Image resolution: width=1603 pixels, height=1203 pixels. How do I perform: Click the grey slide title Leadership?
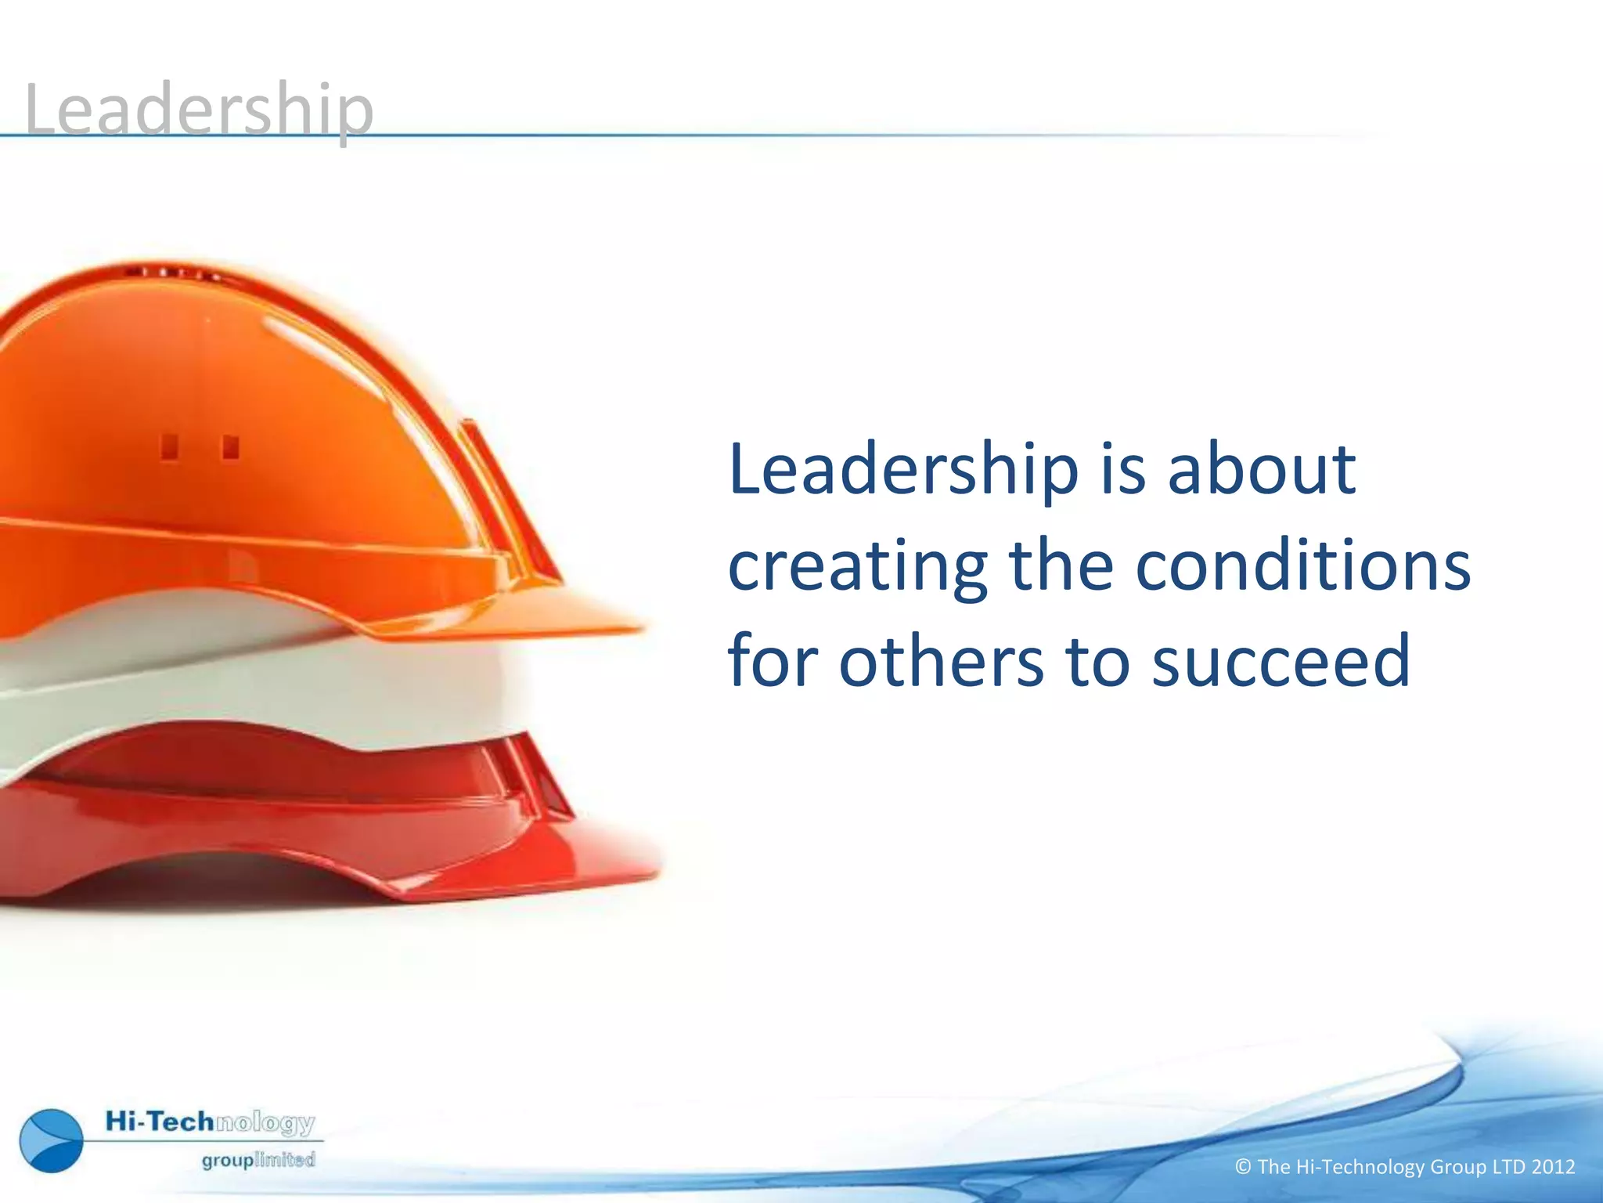199,110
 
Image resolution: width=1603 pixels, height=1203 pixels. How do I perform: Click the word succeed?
1281,663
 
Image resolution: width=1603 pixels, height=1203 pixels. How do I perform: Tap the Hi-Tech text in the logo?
160,1122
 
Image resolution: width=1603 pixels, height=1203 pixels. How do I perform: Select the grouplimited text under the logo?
258,1160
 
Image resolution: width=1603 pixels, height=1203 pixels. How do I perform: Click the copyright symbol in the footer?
1243,1167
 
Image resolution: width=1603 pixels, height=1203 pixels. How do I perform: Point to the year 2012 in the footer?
1553,1167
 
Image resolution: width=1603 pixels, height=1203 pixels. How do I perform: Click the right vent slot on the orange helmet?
231,447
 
